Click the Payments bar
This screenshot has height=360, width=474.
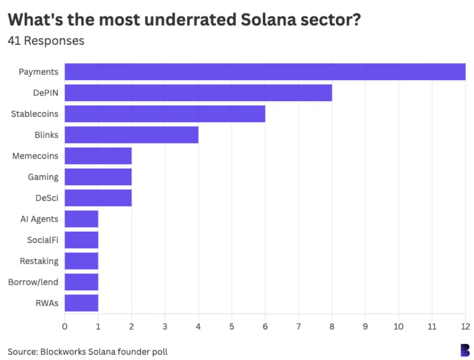click(265, 72)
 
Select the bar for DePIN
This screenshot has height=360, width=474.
click(198, 93)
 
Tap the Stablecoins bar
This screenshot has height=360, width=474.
click(165, 114)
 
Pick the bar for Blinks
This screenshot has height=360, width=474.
click(131, 135)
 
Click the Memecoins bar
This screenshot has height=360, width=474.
click(98, 156)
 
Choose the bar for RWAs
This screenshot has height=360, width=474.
click(81, 303)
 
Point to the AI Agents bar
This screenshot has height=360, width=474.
click(81, 219)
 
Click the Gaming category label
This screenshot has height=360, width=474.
click(43, 177)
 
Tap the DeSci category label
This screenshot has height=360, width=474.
click(47, 198)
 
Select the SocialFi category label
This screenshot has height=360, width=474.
click(42, 240)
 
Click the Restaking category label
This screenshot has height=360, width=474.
click(39, 261)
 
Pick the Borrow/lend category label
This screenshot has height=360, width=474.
click(33, 282)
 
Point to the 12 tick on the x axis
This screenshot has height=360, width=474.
click(465, 326)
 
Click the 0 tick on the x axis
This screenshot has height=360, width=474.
click(65, 326)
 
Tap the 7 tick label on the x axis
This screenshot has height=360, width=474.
click(298, 326)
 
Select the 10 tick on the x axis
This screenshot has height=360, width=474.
click(398, 326)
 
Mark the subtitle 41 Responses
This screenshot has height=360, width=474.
click(46, 41)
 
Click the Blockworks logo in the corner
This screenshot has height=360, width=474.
click(465, 350)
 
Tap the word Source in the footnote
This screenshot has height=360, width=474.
click(22, 351)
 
